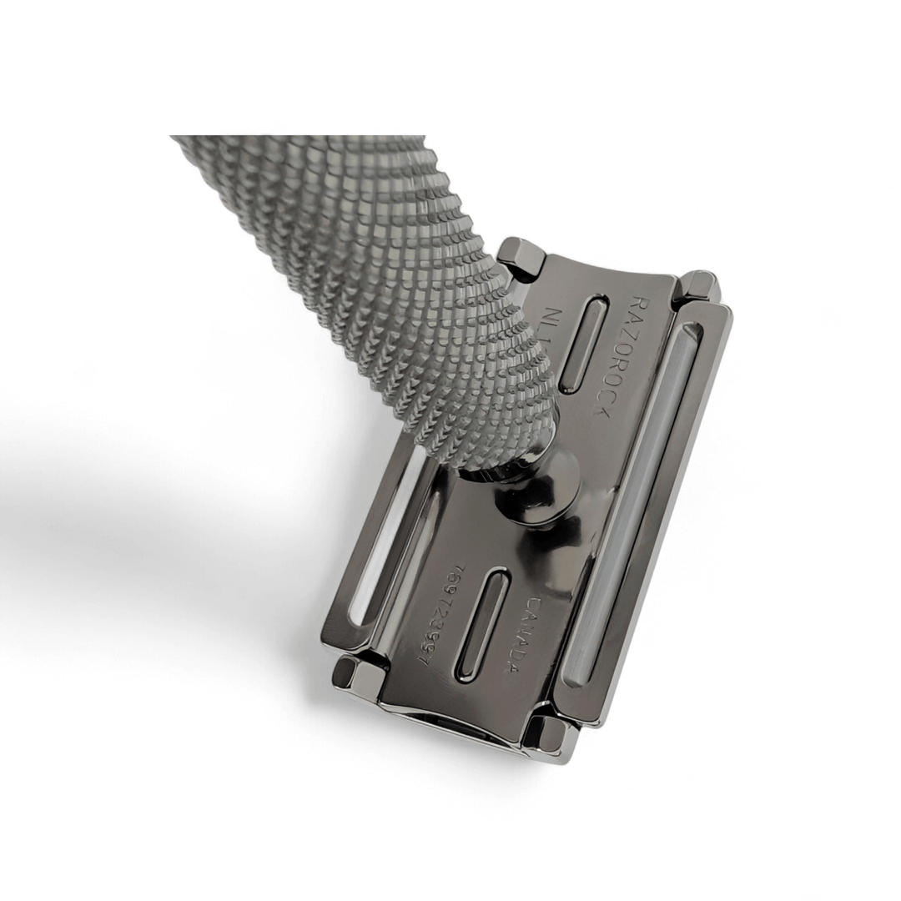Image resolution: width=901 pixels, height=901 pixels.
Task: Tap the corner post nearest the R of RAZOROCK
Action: [x=697, y=286]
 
